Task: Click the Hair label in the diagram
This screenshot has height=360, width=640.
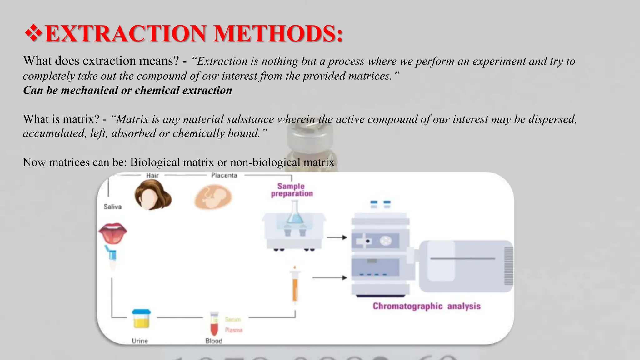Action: tap(152, 175)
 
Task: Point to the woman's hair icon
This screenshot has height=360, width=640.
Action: tap(153, 195)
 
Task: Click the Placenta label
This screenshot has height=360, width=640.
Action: tap(224, 175)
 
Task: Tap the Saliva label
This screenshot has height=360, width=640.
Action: tap(112, 207)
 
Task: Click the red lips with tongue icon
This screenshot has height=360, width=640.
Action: tap(112, 233)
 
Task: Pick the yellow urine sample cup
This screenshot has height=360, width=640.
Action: tap(141, 319)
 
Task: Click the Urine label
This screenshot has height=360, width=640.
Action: tap(140, 341)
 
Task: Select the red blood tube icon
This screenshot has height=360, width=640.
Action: tap(214, 323)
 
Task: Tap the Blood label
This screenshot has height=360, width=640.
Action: tap(214, 341)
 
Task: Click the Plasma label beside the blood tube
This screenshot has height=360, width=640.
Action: tap(234, 330)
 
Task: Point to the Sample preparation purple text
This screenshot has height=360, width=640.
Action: tap(292, 190)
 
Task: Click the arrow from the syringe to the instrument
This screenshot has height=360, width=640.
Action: tap(330, 277)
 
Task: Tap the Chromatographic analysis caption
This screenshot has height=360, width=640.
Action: tap(427, 306)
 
